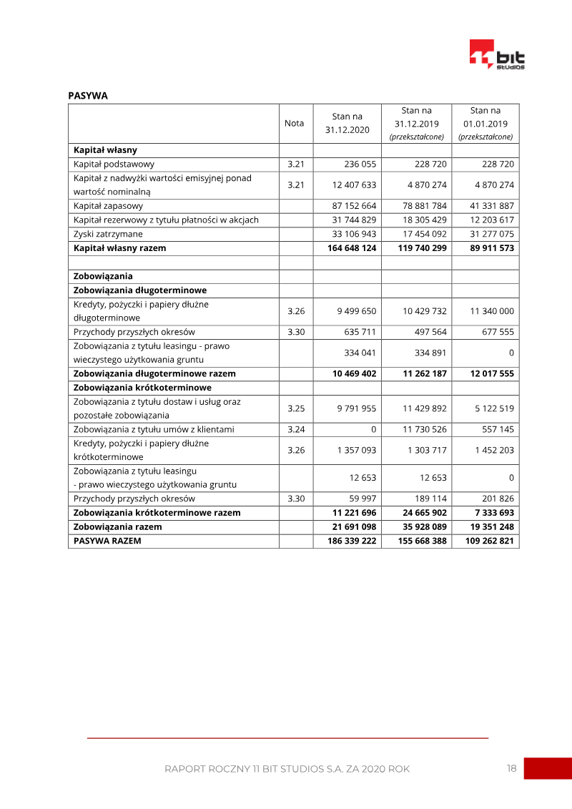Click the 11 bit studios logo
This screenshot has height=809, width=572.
(497, 55)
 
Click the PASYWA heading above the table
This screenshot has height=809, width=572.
(88, 96)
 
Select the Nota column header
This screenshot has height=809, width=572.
(294, 123)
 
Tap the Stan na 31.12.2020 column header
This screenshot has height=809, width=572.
(347, 123)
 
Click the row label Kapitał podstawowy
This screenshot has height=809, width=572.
(114, 164)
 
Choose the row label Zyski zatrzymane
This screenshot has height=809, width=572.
(108, 234)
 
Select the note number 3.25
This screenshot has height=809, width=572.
(296, 408)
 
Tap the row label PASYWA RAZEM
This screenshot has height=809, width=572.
(107, 541)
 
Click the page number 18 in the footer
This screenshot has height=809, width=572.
(511, 768)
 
